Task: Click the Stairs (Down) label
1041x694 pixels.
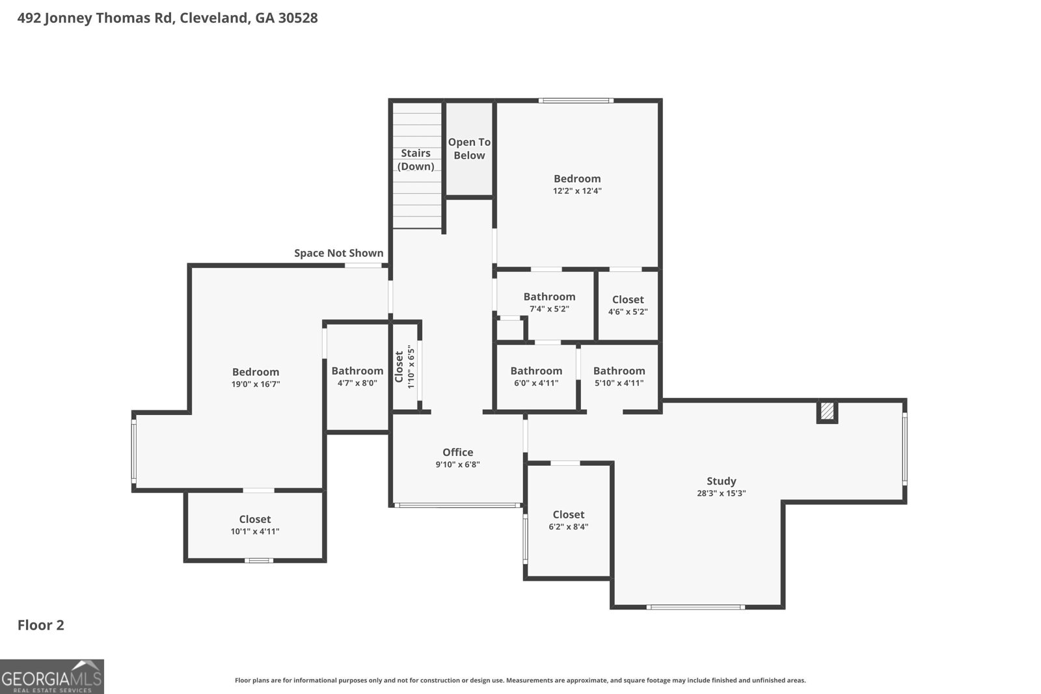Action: click(x=416, y=159)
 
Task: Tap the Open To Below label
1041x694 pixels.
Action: click(x=469, y=149)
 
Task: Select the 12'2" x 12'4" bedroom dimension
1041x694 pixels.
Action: click(x=577, y=191)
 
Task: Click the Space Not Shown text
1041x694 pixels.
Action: click(x=339, y=253)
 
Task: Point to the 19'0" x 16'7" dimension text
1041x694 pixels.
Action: click(x=256, y=384)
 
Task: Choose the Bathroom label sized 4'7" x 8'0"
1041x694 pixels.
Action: click(x=357, y=371)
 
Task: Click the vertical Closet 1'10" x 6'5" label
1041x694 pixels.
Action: click(x=404, y=366)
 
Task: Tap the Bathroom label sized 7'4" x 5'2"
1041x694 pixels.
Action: click(x=549, y=297)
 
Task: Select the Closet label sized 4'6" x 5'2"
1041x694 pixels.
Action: click(x=628, y=300)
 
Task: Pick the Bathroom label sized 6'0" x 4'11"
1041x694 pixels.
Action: click(x=536, y=371)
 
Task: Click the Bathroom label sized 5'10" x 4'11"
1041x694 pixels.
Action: click(x=619, y=371)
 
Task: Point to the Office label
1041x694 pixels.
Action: click(x=458, y=452)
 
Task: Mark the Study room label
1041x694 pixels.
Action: click(x=722, y=481)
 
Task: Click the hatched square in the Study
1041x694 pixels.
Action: click(x=827, y=410)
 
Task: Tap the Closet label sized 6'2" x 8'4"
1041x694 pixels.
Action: click(x=569, y=514)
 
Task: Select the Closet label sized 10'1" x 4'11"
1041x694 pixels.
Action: click(x=254, y=519)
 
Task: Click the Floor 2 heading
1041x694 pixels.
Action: click(x=41, y=625)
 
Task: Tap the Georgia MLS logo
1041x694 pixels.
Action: click(x=52, y=676)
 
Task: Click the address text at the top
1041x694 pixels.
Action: click(x=167, y=18)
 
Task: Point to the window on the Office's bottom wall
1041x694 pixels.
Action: click(x=457, y=505)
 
